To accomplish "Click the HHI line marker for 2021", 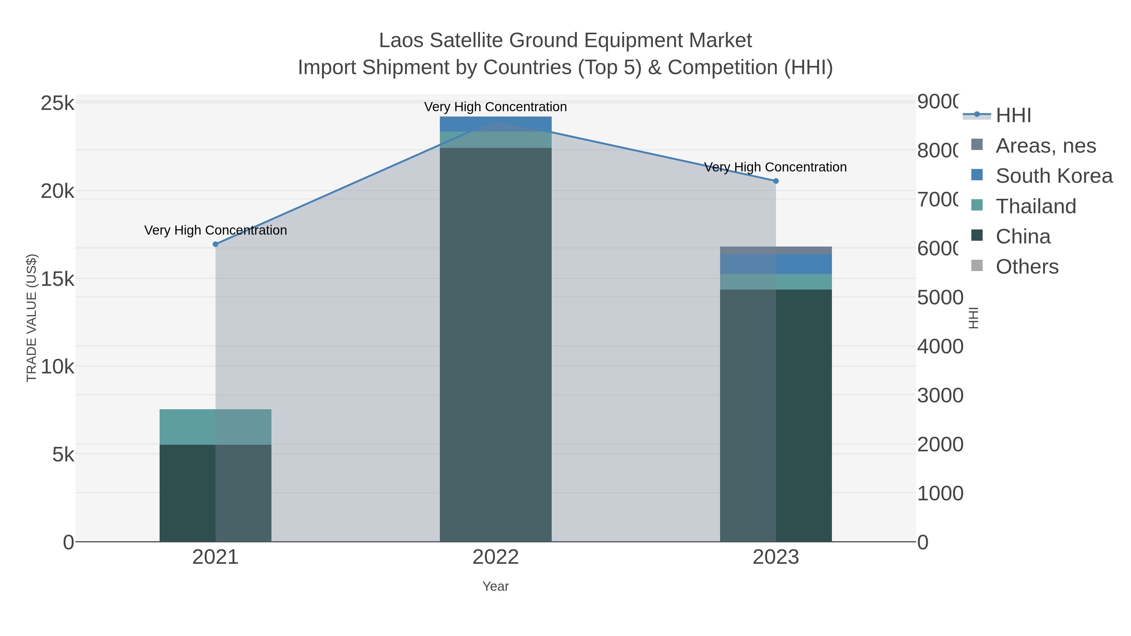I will pos(215,244).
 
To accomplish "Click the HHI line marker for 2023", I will pos(775,181).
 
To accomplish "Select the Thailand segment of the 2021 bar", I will pos(215,427).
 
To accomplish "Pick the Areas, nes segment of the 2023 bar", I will pos(775,250).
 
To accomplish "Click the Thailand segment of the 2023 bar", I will pos(775,281).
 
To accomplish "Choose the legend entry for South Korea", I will pos(1054,176).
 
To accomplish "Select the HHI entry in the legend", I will pos(1013,116).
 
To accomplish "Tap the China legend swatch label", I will pos(1023,236).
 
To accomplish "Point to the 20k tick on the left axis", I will pos(57,191).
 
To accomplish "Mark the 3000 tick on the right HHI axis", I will pos(940,395).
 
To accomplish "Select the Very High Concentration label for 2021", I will pos(215,230).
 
